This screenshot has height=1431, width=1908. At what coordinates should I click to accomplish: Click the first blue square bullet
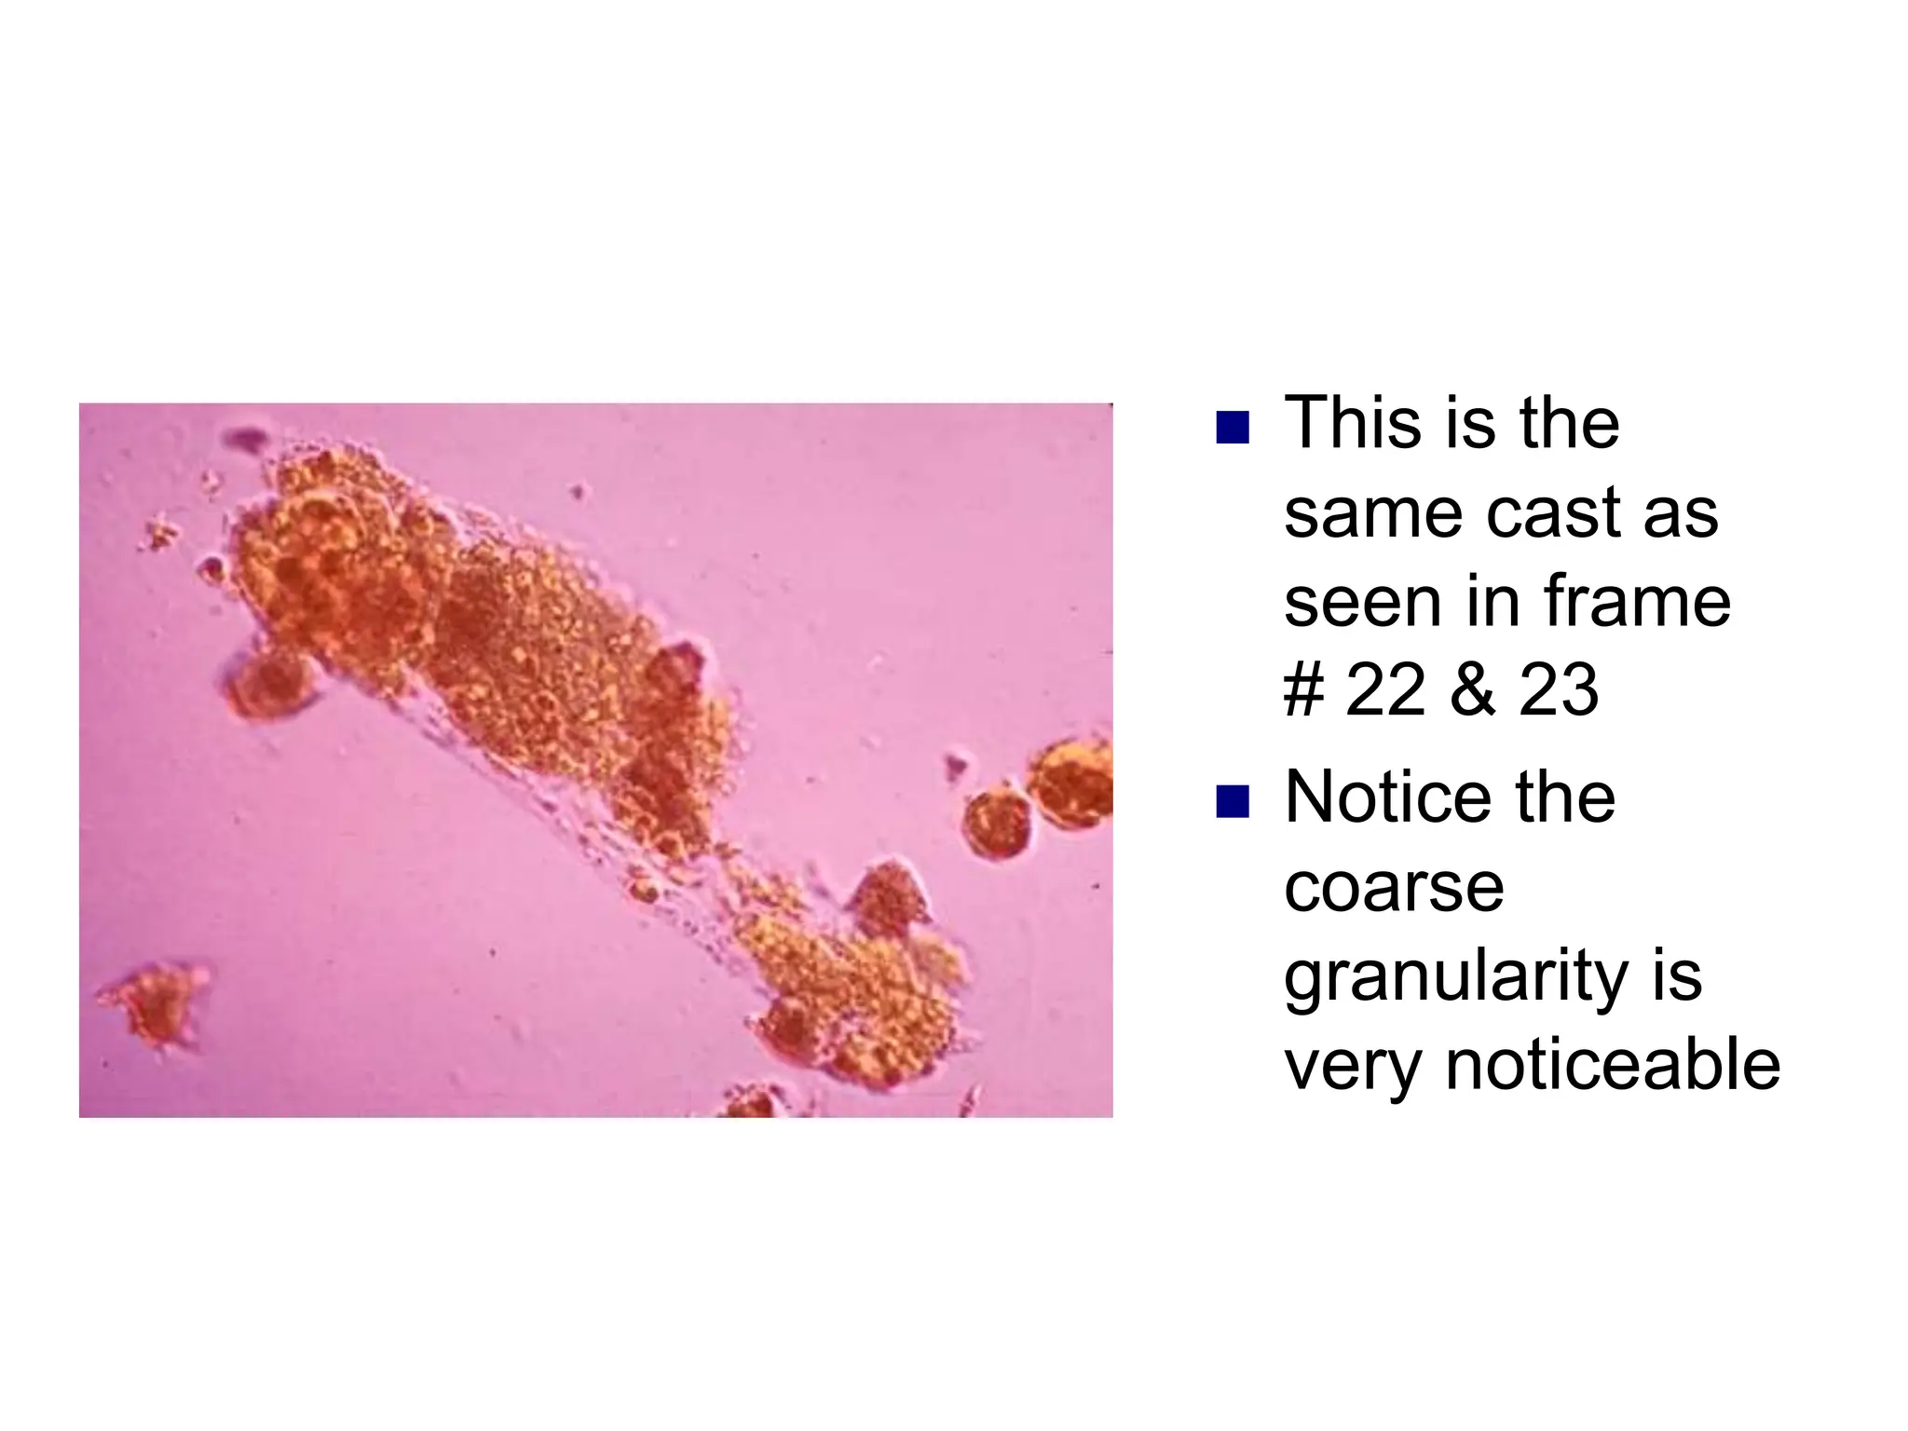point(1232,428)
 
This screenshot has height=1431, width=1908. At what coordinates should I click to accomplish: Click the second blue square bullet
point(1232,801)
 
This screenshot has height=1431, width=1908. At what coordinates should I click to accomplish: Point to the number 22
point(1385,690)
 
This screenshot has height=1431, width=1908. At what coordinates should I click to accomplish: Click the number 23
point(1559,690)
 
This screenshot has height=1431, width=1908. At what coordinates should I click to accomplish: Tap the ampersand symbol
point(1472,690)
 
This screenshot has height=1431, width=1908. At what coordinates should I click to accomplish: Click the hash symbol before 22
point(1303,690)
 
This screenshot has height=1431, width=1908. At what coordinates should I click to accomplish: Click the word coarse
point(1394,889)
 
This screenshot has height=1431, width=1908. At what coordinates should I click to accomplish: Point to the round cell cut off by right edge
point(1074,783)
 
